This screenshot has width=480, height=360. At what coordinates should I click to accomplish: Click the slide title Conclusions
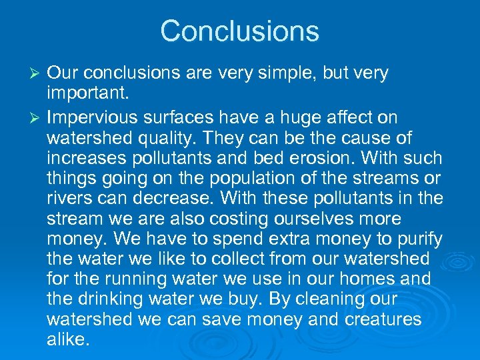coord(239,31)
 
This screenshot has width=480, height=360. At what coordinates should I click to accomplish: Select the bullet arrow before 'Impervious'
coord(37,118)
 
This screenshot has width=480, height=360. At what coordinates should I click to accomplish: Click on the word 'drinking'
coord(122,299)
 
